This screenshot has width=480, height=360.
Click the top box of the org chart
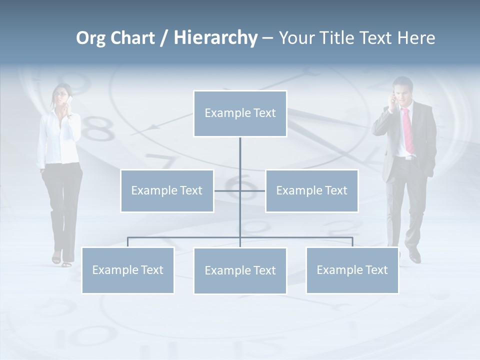(x=240, y=113)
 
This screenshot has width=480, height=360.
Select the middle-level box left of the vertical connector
(x=167, y=190)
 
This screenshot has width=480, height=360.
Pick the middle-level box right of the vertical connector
(x=311, y=190)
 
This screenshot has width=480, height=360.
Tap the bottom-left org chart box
(x=128, y=270)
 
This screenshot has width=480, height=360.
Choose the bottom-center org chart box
(x=240, y=270)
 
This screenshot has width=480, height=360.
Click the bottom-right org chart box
(x=352, y=270)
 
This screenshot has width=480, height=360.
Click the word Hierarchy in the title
(x=215, y=38)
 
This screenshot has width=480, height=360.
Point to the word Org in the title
(x=90, y=38)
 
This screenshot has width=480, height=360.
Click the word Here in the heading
(x=416, y=38)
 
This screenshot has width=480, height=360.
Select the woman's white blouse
(x=58, y=137)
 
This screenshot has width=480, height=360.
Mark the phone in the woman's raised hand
(x=70, y=101)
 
